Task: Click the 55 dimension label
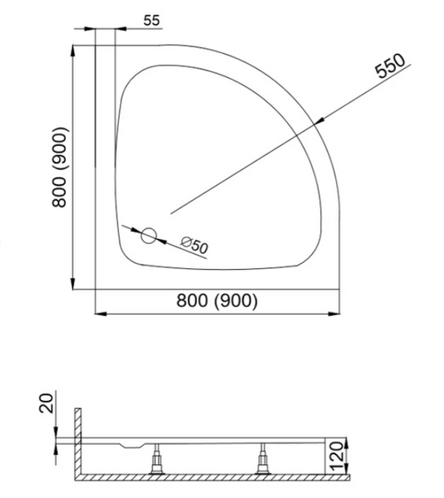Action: click(x=152, y=21)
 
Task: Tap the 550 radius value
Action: click(x=390, y=66)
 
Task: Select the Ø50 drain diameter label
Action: click(x=194, y=245)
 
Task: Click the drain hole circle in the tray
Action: click(x=149, y=236)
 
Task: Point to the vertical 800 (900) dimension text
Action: click(x=60, y=168)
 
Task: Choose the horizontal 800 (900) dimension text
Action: click(x=217, y=300)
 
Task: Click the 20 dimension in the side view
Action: click(x=46, y=403)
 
